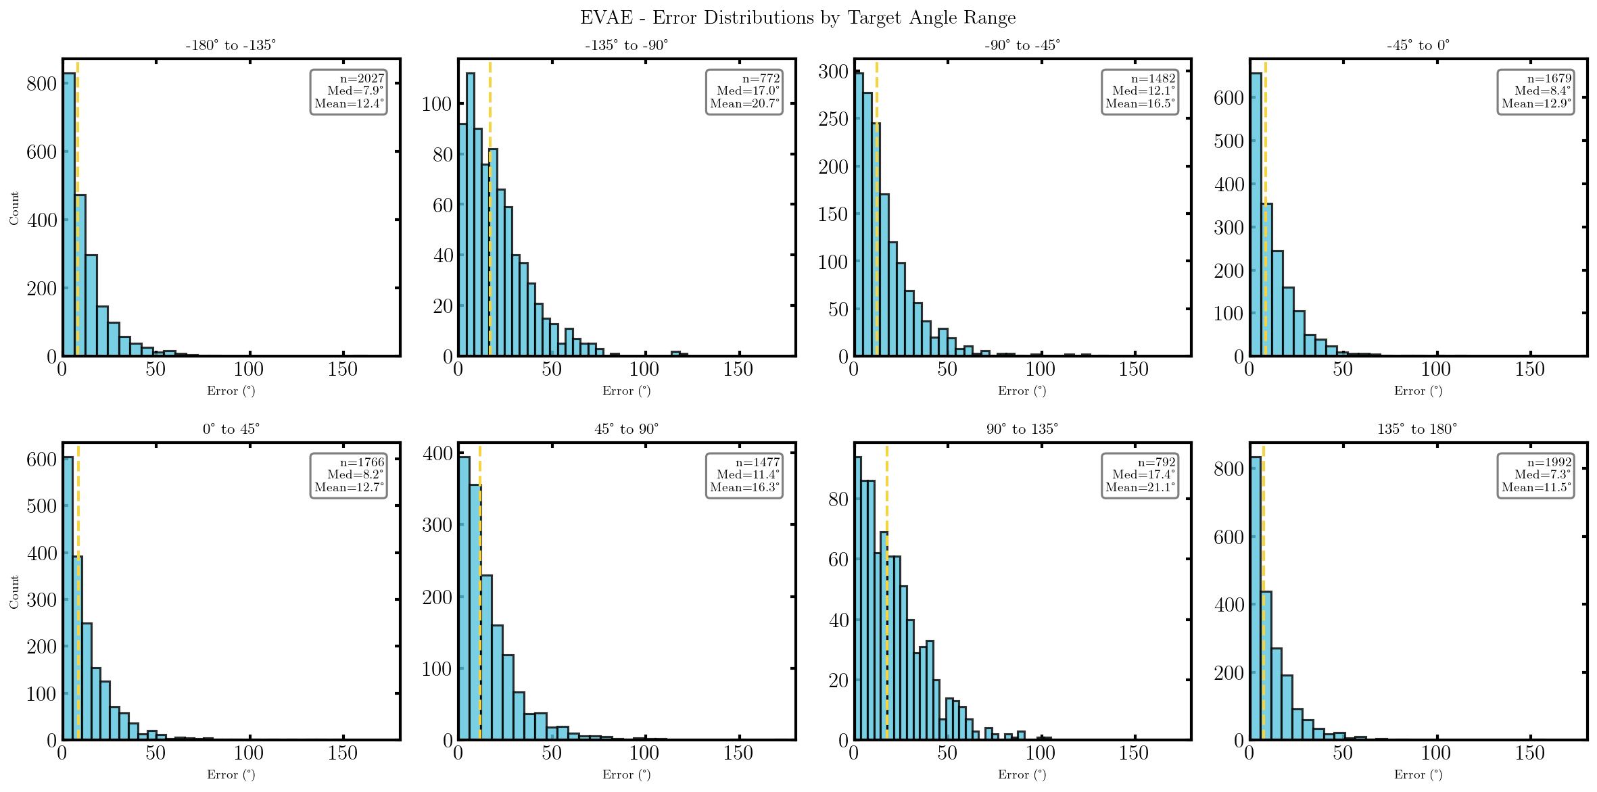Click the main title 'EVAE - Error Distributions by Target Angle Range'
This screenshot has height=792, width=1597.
(798, 18)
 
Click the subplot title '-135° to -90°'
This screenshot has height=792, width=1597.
(626, 45)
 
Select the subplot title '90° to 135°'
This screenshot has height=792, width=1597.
(1022, 429)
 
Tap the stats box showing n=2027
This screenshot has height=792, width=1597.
(348, 91)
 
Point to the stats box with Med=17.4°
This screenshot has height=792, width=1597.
(1140, 475)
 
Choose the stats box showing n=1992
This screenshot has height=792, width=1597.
(1535, 475)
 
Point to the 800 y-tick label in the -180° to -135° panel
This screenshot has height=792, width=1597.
(41, 84)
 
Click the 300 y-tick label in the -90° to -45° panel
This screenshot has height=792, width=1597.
(833, 72)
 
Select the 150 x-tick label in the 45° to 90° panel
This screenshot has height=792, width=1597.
(738, 753)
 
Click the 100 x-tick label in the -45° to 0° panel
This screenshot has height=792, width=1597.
(1435, 369)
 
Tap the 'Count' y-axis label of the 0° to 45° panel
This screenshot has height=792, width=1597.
(14, 592)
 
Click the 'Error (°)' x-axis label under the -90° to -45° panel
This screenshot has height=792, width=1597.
(1022, 391)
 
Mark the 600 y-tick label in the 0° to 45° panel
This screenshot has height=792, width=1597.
(41, 460)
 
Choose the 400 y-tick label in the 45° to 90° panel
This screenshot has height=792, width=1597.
(437, 453)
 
